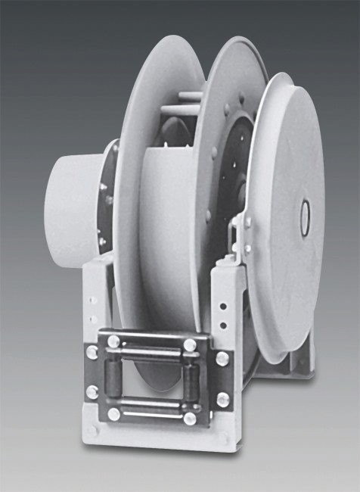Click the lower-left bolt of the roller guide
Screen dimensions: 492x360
(x=113, y=413)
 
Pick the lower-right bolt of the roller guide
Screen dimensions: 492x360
(x=191, y=417)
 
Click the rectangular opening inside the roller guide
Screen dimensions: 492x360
(x=153, y=380)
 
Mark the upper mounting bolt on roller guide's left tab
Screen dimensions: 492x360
(x=92, y=353)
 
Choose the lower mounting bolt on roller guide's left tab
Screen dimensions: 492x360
(x=92, y=392)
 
